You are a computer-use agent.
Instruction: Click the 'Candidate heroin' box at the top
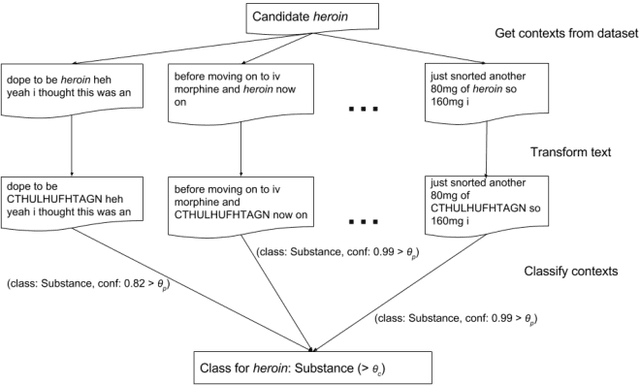[x=313, y=17]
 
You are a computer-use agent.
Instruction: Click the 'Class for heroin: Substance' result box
[x=314, y=365]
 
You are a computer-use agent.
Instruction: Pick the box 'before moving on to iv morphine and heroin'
[x=240, y=87]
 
